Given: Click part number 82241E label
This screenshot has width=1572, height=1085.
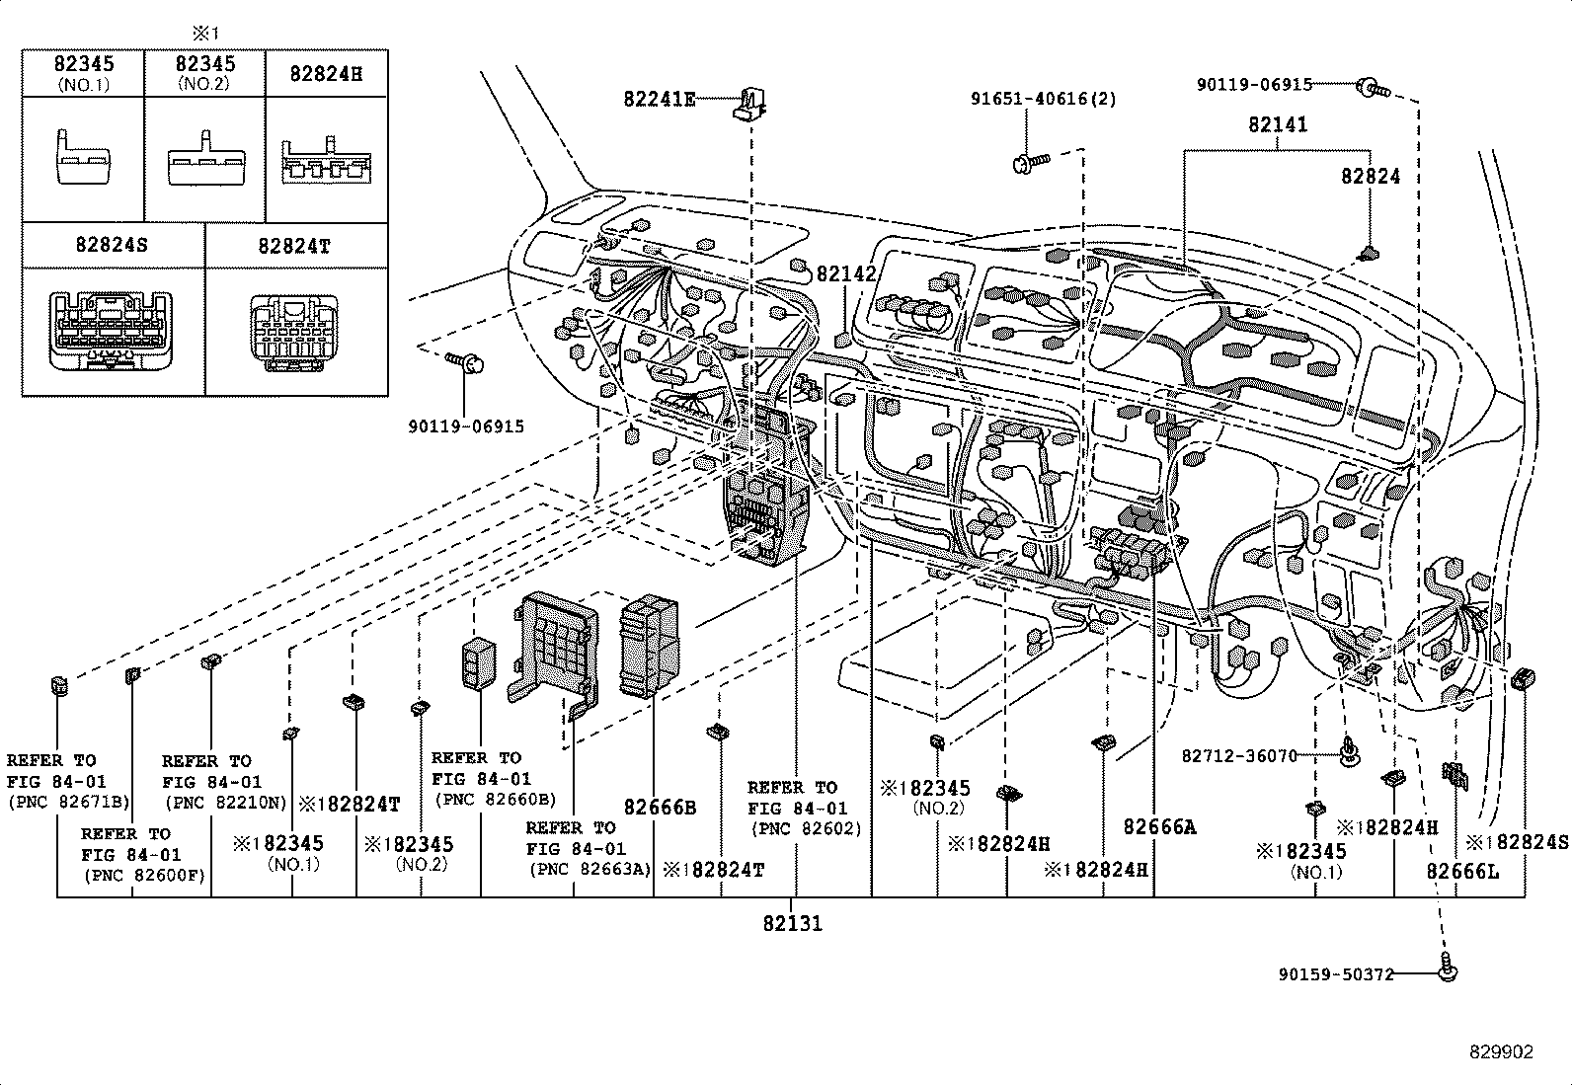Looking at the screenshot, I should pyautogui.click(x=659, y=99).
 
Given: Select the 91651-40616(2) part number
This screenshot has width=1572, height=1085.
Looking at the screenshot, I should pyautogui.click(x=1043, y=99).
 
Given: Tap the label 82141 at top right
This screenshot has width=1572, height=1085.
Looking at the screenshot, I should pyautogui.click(x=1277, y=125).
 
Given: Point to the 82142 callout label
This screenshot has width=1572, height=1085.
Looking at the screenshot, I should pyautogui.click(x=846, y=274).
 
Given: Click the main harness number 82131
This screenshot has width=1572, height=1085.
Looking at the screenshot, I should pyautogui.click(x=791, y=924).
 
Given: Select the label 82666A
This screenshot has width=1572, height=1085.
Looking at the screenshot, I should pyautogui.click(x=1158, y=827).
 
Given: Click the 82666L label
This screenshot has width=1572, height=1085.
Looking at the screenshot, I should pyautogui.click(x=1462, y=871).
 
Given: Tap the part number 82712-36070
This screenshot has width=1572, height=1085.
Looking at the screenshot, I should pyautogui.click(x=1238, y=756).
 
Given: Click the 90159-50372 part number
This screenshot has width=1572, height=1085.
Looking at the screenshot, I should pyautogui.click(x=1335, y=974).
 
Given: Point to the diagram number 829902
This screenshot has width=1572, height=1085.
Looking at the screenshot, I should pyautogui.click(x=1501, y=1052).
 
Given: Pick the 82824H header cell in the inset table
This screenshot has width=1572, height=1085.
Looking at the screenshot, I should pyautogui.click(x=326, y=74).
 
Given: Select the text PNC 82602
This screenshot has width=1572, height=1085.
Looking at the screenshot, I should pyautogui.click(x=804, y=829).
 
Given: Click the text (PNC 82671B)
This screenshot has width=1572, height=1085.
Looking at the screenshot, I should pyautogui.click(x=69, y=803).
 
